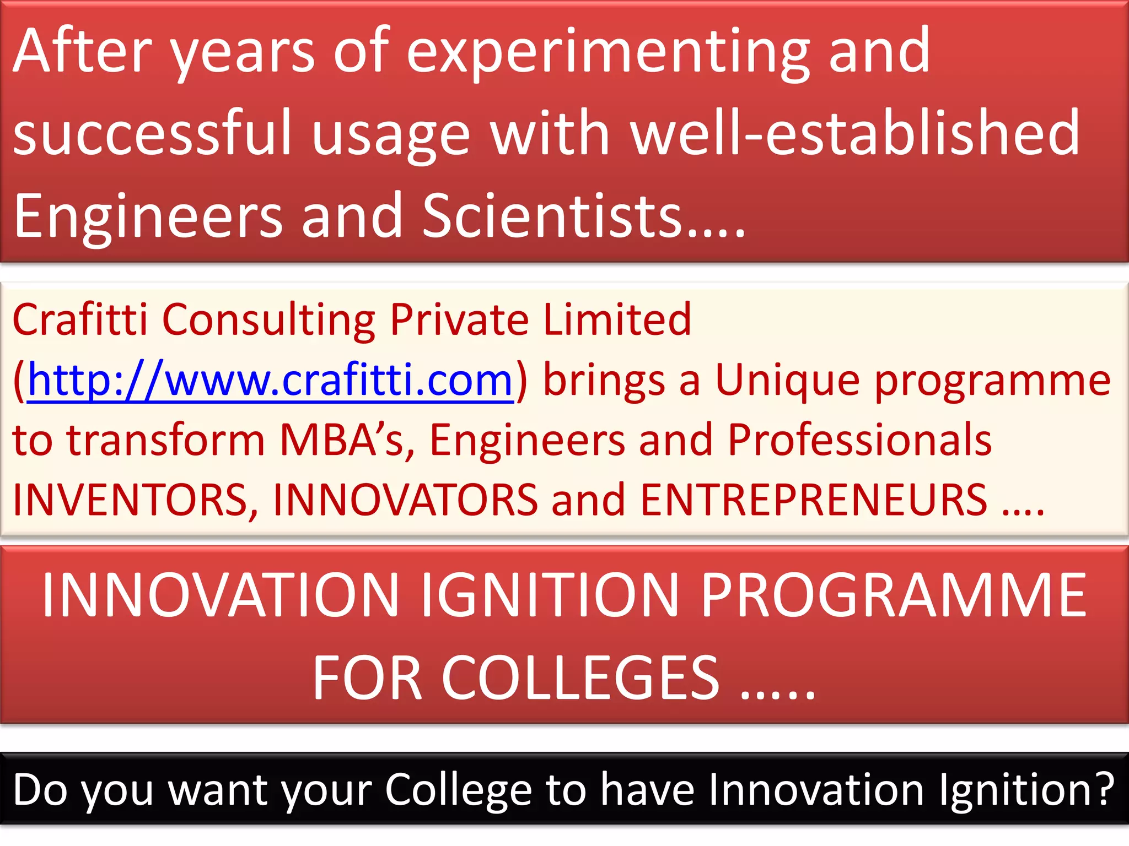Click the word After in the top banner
[x=82, y=51]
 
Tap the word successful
[x=152, y=133]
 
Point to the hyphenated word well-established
[x=855, y=133]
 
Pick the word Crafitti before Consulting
[x=80, y=319]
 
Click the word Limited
[x=617, y=319]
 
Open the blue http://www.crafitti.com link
[x=270, y=380]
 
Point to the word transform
[x=165, y=440]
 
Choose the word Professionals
[x=859, y=440]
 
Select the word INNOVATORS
[x=405, y=500]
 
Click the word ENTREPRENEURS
[x=814, y=500]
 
